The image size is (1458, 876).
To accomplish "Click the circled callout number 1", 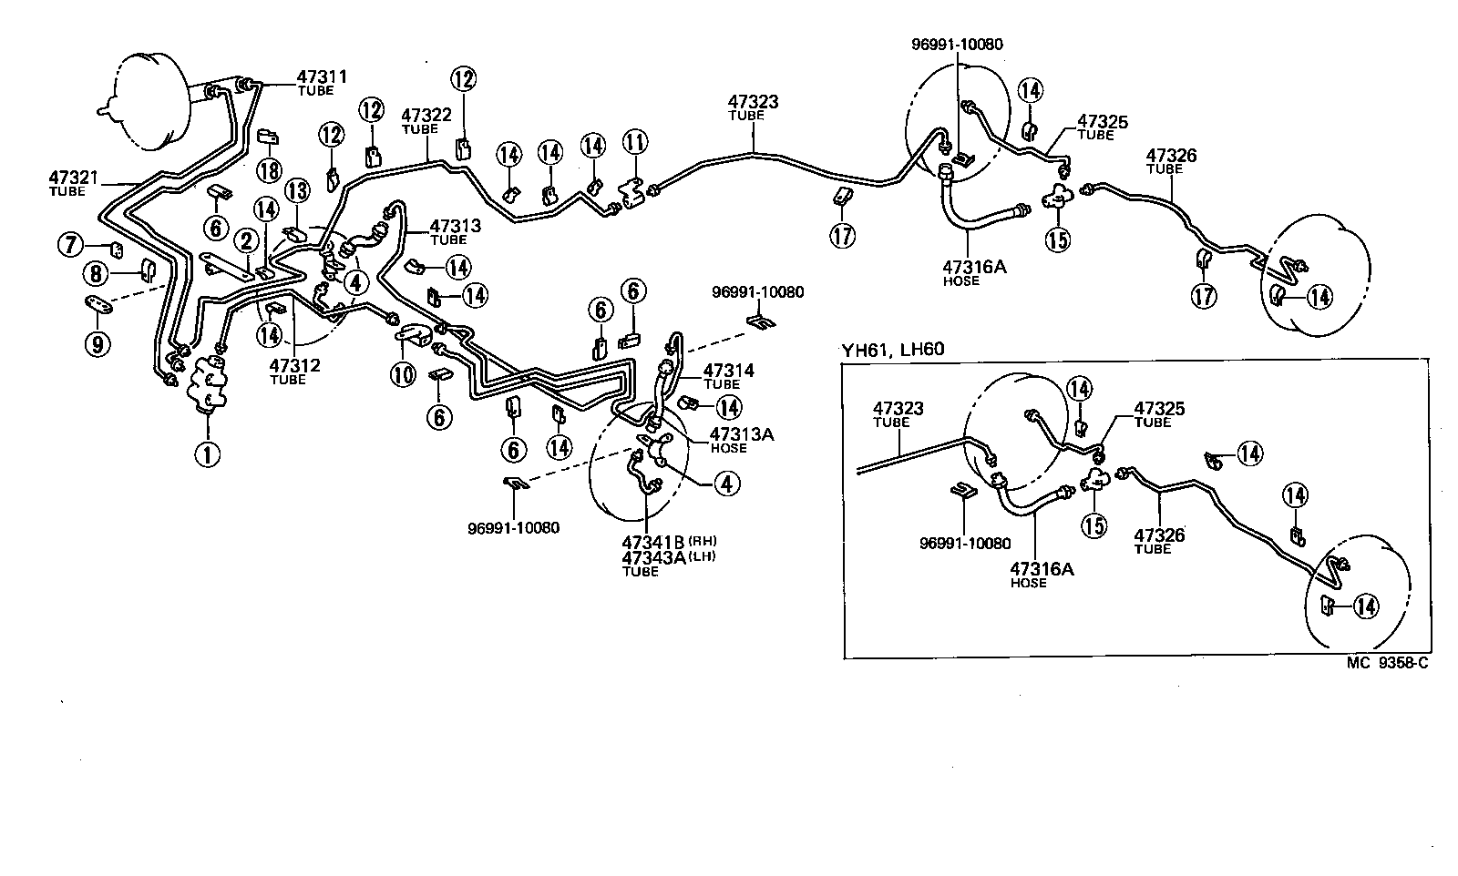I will (208, 453).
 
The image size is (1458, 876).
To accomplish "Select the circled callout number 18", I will (268, 169).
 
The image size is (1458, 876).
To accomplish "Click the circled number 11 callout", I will (635, 143).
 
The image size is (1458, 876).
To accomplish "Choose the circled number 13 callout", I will (297, 191).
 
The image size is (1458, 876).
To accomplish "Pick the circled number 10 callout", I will (403, 373).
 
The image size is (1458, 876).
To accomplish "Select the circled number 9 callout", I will (98, 342).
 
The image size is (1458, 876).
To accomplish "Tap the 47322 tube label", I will (426, 116).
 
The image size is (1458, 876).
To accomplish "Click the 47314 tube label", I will (728, 372).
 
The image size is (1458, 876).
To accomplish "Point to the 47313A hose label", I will (742, 435).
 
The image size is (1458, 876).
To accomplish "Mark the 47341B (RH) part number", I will (654, 543).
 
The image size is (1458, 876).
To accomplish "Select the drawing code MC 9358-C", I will (1387, 663).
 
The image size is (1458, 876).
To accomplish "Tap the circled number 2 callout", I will (246, 241).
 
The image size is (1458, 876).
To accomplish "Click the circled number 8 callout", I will (96, 272).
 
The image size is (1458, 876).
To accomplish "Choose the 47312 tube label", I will (293, 366).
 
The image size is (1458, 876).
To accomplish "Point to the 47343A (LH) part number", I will (654, 558).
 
